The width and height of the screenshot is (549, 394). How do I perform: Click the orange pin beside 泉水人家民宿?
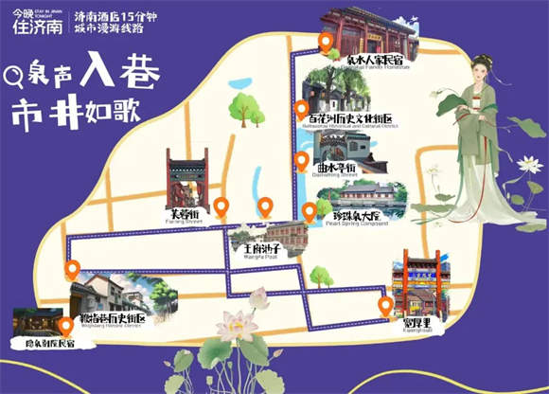326,41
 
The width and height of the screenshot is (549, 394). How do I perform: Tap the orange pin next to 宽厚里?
385,304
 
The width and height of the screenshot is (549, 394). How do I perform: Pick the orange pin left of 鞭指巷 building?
72,269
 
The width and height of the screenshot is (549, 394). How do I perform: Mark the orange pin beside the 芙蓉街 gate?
221,206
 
